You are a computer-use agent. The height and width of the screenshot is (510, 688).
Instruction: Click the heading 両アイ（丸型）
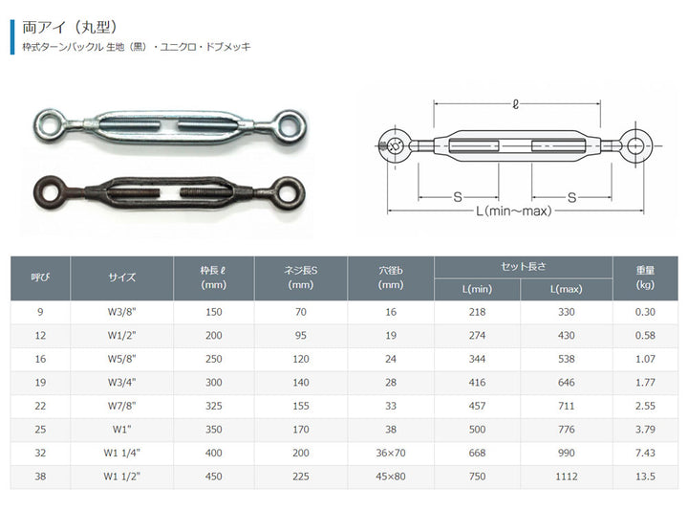click(x=70, y=27)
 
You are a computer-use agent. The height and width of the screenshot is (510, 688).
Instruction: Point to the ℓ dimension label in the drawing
click(x=516, y=104)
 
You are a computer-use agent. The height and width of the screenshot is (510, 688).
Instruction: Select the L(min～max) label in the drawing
click(x=513, y=211)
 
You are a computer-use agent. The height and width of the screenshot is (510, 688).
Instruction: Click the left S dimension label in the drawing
click(x=458, y=197)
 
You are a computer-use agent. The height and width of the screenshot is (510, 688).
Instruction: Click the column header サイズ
click(x=122, y=277)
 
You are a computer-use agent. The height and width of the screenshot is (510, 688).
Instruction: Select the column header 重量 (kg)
click(x=645, y=277)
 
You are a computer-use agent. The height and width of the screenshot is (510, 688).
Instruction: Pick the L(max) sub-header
click(x=566, y=290)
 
